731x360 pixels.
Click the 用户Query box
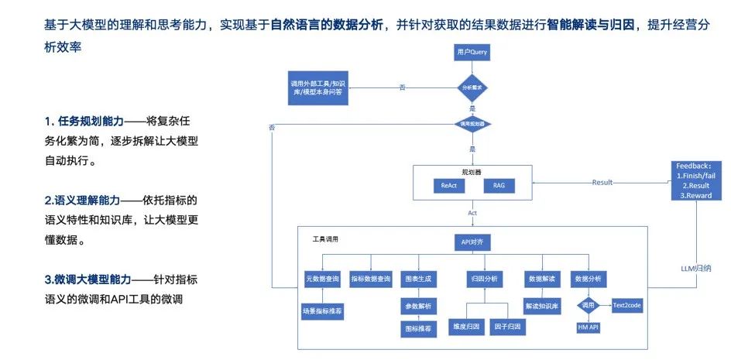[x=472, y=53]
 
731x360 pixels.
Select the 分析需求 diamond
[x=472, y=87]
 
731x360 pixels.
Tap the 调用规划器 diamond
[x=472, y=123]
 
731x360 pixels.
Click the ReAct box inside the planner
[x=449, y=186]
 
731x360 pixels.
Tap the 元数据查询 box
[x=323, y=277]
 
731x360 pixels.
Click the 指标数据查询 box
[x=371, y=277]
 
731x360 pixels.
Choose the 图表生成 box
[x=418, y=277]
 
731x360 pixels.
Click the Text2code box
[x=627, y=305]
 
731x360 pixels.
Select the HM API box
[x=589, y=328]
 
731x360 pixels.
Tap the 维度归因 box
[x=465, y=327]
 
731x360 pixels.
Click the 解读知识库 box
[x=541, y=306]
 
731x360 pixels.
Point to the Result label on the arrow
[x=602, y=183]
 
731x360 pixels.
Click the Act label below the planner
[x=472, y=211]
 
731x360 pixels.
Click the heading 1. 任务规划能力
[x=85, y=122]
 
